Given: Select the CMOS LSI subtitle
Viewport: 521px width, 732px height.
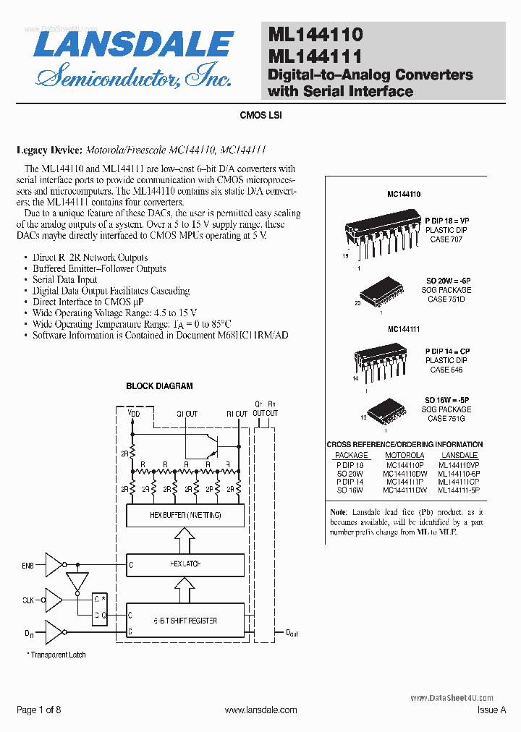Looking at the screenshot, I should (x=260, y=115).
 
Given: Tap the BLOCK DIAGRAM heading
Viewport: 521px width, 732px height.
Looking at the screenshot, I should (x=159, y=386).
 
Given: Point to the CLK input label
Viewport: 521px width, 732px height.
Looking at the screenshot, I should (x=27, y=600).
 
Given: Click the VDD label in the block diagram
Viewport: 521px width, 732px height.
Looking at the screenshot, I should (x=134, y=414).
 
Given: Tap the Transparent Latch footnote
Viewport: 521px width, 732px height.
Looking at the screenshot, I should (x=58, y=655).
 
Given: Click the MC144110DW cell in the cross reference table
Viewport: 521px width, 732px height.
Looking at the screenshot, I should (x=405, y=473).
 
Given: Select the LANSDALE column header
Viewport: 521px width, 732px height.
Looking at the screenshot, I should (x=459, y=456).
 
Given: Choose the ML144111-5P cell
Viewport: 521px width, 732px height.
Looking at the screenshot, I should (x=459, y=490).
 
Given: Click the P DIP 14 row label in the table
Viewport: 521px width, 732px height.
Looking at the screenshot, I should (x=351, y=482).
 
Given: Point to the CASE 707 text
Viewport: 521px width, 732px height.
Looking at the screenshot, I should (x=446, y=239).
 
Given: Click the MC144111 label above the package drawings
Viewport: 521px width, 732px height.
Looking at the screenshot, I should (x=404, y=329).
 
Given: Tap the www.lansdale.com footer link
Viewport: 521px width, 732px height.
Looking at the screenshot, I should (x=261, y=710).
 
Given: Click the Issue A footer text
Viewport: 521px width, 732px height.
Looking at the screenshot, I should (x=492, y=710).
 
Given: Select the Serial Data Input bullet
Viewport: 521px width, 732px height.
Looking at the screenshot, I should (x=65, y=279).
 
